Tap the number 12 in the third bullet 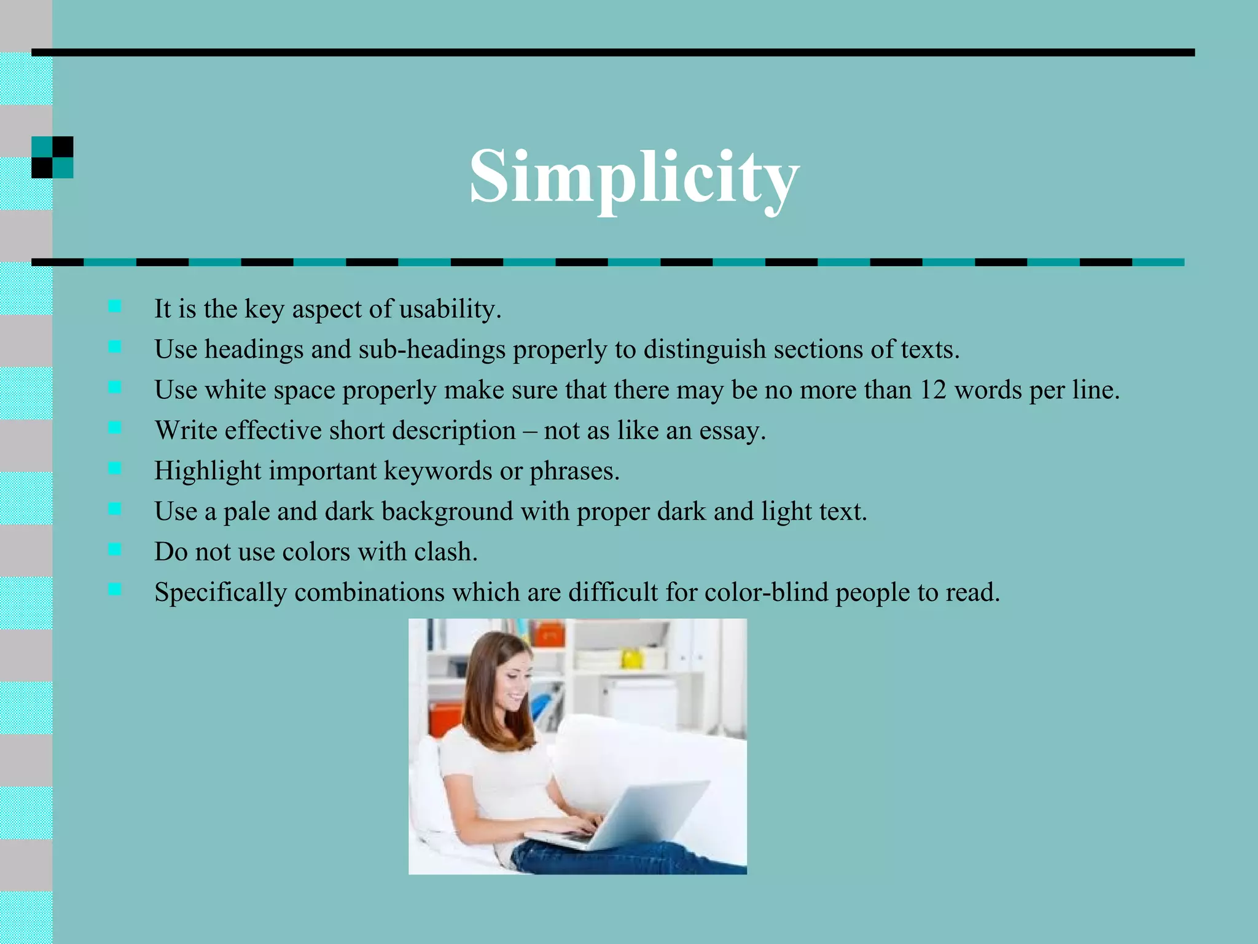932,390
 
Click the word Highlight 208,471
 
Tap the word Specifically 220,592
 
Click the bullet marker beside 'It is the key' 115,306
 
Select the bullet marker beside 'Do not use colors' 115,549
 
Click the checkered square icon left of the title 52,157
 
